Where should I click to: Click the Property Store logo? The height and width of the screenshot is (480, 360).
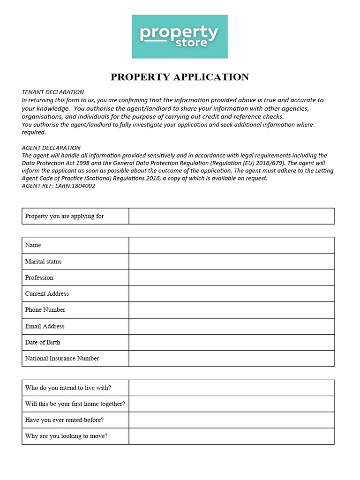coord(180,37)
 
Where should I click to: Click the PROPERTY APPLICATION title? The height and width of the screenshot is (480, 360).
coord(180,77)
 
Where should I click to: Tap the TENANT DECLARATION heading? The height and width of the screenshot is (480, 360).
coord(53,92)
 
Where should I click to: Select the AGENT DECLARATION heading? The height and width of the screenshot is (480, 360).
coord(51,148)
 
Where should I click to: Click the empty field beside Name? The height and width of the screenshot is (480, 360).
coord(232,245)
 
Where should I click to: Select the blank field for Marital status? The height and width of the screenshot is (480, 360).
coord(232,262)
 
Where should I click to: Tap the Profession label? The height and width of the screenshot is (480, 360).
coord(39,277)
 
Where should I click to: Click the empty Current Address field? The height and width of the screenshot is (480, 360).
coord(232,294)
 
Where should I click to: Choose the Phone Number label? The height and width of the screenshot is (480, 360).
coord(45,310)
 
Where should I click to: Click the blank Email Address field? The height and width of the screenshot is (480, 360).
coord(232,326)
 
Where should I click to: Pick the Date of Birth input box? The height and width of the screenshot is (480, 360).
coord(232,342)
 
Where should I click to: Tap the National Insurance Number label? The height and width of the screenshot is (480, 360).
coord(62,359)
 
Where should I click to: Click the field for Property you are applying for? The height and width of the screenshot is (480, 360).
coord(232,216)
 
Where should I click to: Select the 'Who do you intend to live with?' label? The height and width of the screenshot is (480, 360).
coord(68,388)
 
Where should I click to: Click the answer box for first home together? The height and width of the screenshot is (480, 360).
coord(232,404)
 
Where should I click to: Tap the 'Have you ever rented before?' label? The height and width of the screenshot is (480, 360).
coord(64,420)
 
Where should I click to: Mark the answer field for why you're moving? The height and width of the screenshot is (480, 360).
coord(232,436)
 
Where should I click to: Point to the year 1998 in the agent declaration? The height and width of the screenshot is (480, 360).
coord(82,163)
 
